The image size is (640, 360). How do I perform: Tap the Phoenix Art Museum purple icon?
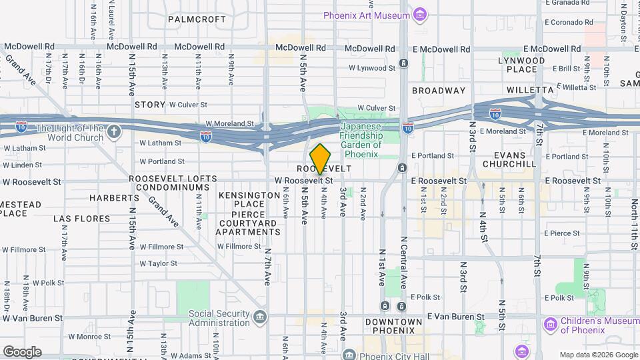tap(419, 15)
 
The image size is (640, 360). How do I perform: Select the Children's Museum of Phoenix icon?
tap(551, 325)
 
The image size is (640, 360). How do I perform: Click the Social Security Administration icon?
tap(260, 315)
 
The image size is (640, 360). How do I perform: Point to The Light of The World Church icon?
tap(114, 131)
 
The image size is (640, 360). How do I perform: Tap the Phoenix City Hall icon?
tap(348, 354)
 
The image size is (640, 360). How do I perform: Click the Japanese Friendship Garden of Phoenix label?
tap(361, 140)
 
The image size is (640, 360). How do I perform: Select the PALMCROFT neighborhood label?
tap(197, 19)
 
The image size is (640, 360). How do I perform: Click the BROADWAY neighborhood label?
tap(439, 90)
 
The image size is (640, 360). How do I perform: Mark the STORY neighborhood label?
tap(150, 105)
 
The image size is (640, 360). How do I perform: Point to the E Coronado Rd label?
tap(568, 22)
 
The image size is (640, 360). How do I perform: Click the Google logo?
tap(22, 351)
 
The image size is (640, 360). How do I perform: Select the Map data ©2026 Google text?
tap(597, 355)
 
